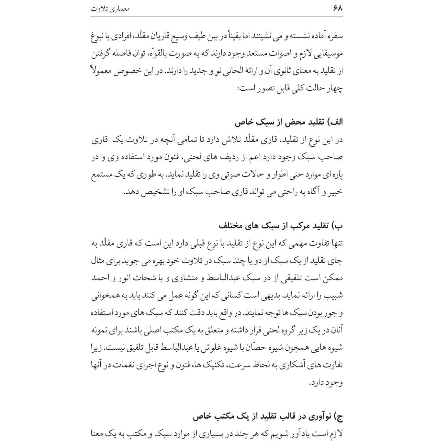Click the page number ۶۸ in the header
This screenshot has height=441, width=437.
337,8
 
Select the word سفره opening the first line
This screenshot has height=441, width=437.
335,36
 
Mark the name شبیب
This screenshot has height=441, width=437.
335,295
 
